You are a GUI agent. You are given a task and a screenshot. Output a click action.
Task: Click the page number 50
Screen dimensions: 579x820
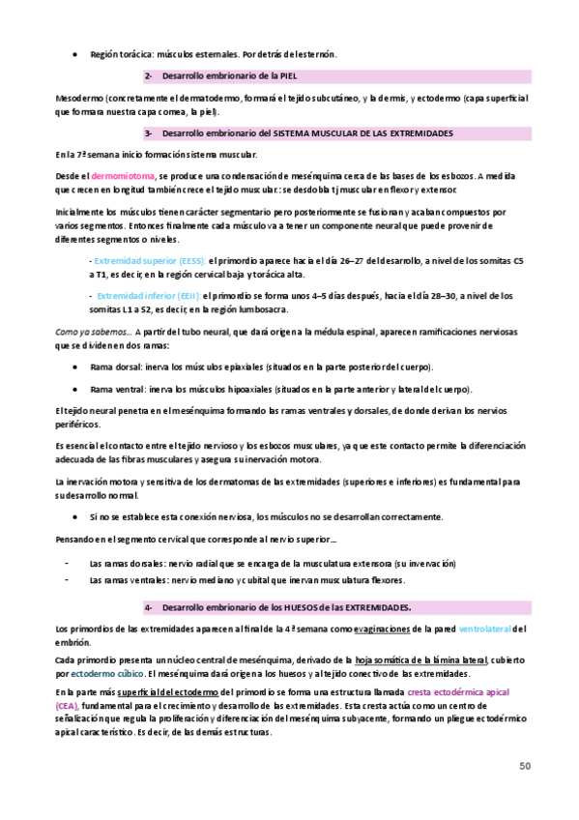[524, 766]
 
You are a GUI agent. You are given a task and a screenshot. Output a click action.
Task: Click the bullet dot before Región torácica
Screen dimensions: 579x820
[75, 55]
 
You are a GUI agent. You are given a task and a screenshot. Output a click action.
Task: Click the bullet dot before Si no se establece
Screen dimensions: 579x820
[75, 517]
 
